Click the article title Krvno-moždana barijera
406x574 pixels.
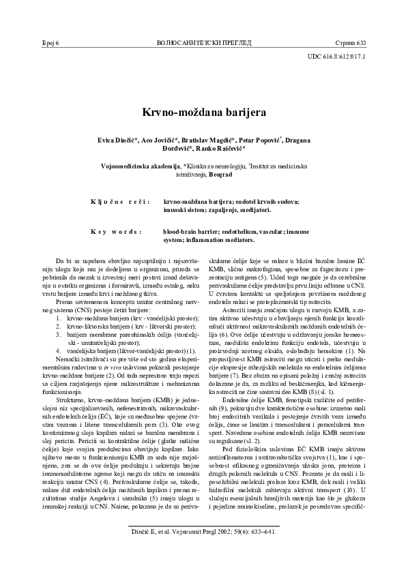pyautogui.click(x=203, y=110)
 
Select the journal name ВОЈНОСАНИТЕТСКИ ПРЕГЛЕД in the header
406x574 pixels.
pyautogui.click(x=203, y=43)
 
